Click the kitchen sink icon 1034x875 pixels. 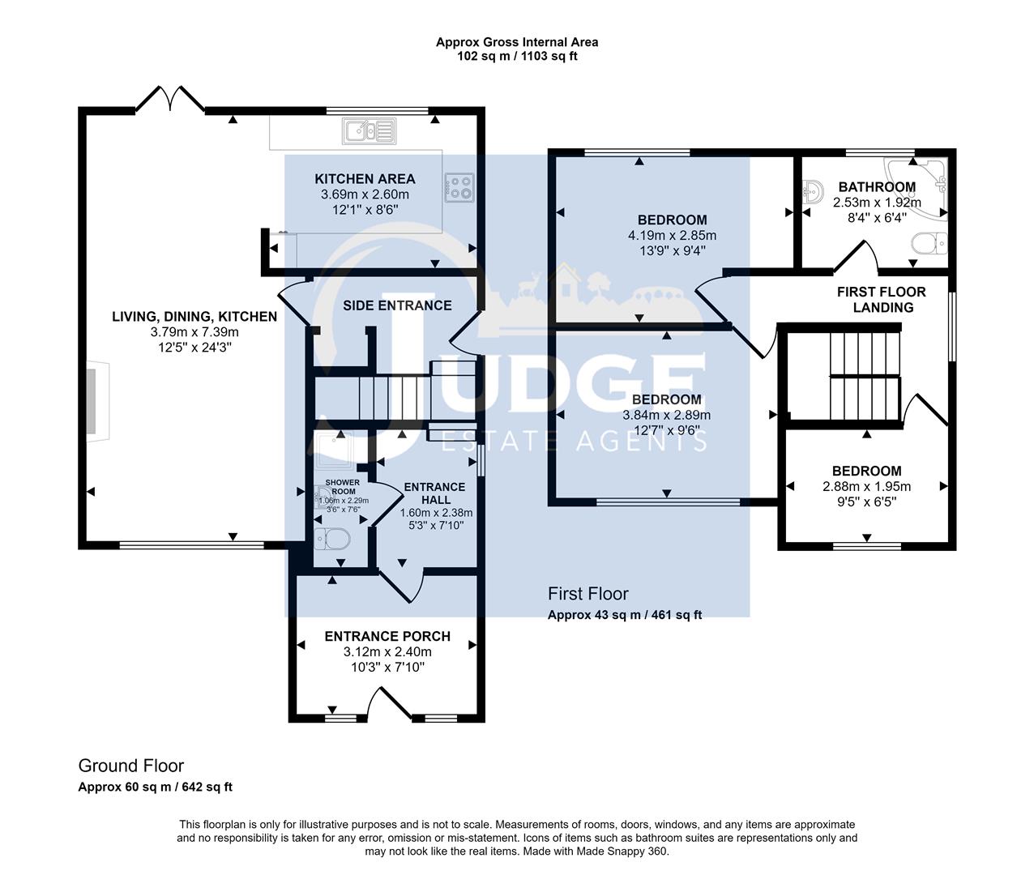pos(369,131)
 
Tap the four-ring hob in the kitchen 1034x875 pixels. pos(459,187)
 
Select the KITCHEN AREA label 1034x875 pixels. pos(365,179)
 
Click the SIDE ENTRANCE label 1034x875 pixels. pos(397,305)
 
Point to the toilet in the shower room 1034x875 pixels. pos(332,538)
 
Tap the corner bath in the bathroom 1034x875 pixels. pos(920,188)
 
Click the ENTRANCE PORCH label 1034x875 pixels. pos(387,636)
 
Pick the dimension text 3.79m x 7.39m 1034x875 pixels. pos(194,332)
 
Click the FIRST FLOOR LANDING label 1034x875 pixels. pos(881,300)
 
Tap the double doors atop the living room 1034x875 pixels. pos(170,99)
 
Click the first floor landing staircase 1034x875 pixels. pos(865,373)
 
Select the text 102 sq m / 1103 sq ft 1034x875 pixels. pos(517,56)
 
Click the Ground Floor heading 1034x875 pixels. pos(130,766)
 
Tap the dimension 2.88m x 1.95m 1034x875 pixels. pos(866,487)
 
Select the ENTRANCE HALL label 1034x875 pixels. pos(434,493)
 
